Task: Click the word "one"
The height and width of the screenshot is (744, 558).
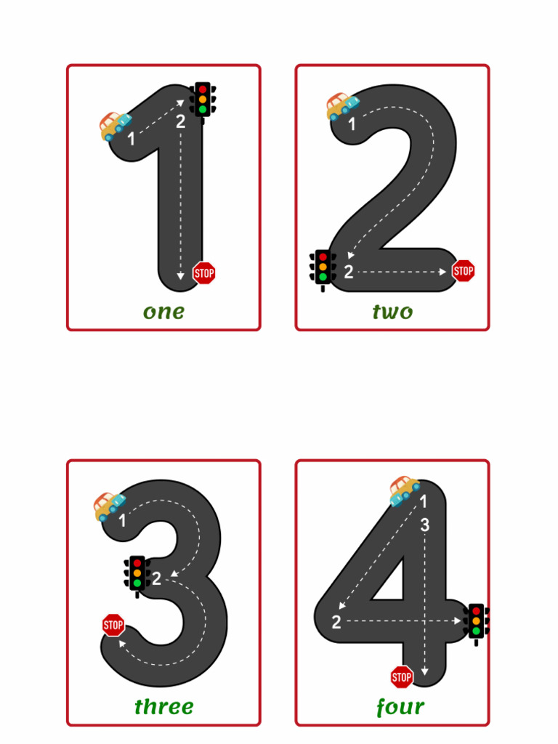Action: tap(163, 312)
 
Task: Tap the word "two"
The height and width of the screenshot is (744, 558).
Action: tap(392, 312)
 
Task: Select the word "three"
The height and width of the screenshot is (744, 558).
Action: tap(164, 707)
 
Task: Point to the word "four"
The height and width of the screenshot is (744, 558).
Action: tap(400, 707)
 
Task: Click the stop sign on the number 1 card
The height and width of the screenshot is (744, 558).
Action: tap(204, 273)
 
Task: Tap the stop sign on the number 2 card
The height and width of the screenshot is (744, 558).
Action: tap(463, 271)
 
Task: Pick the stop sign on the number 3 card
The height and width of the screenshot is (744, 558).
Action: tap(113, 625)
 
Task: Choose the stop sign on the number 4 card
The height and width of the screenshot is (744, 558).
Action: tap(402, 677)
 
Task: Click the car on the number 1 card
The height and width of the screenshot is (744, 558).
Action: tap(114, 126)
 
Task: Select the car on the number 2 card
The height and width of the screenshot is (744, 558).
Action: tap(341, 106)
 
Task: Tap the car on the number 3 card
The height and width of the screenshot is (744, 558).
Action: tap(109, 506)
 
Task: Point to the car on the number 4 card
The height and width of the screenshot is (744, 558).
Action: tap(404, 490)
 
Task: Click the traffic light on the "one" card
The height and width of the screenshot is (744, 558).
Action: tap(203, 100)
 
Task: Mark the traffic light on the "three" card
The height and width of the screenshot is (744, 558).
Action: tap(137, 574)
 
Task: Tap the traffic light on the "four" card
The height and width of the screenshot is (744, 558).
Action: tap(476, 622)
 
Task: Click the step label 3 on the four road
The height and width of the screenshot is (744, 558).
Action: tap(425, 525)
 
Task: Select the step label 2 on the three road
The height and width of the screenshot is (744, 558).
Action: tap(156, 579)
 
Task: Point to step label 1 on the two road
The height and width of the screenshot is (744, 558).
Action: tap(352, 125)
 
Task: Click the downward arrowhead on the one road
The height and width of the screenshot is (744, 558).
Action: tap(181, 277)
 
